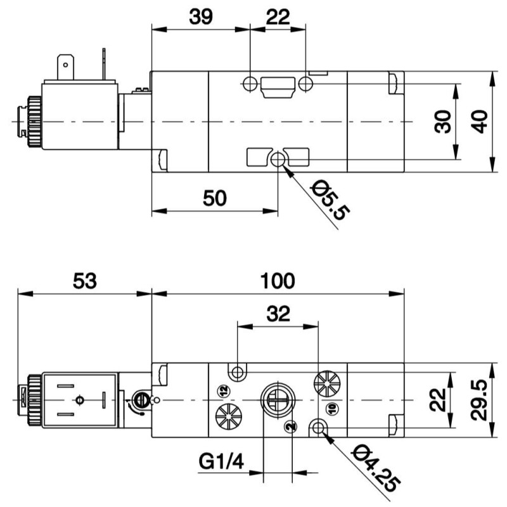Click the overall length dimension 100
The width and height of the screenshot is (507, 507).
[x=277, y=281]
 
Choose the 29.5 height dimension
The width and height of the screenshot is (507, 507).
[x=482, y=401]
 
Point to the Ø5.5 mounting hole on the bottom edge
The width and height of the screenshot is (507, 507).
[x=278, y=161]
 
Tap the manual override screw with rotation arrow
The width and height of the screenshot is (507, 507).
[x=141, y=401]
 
